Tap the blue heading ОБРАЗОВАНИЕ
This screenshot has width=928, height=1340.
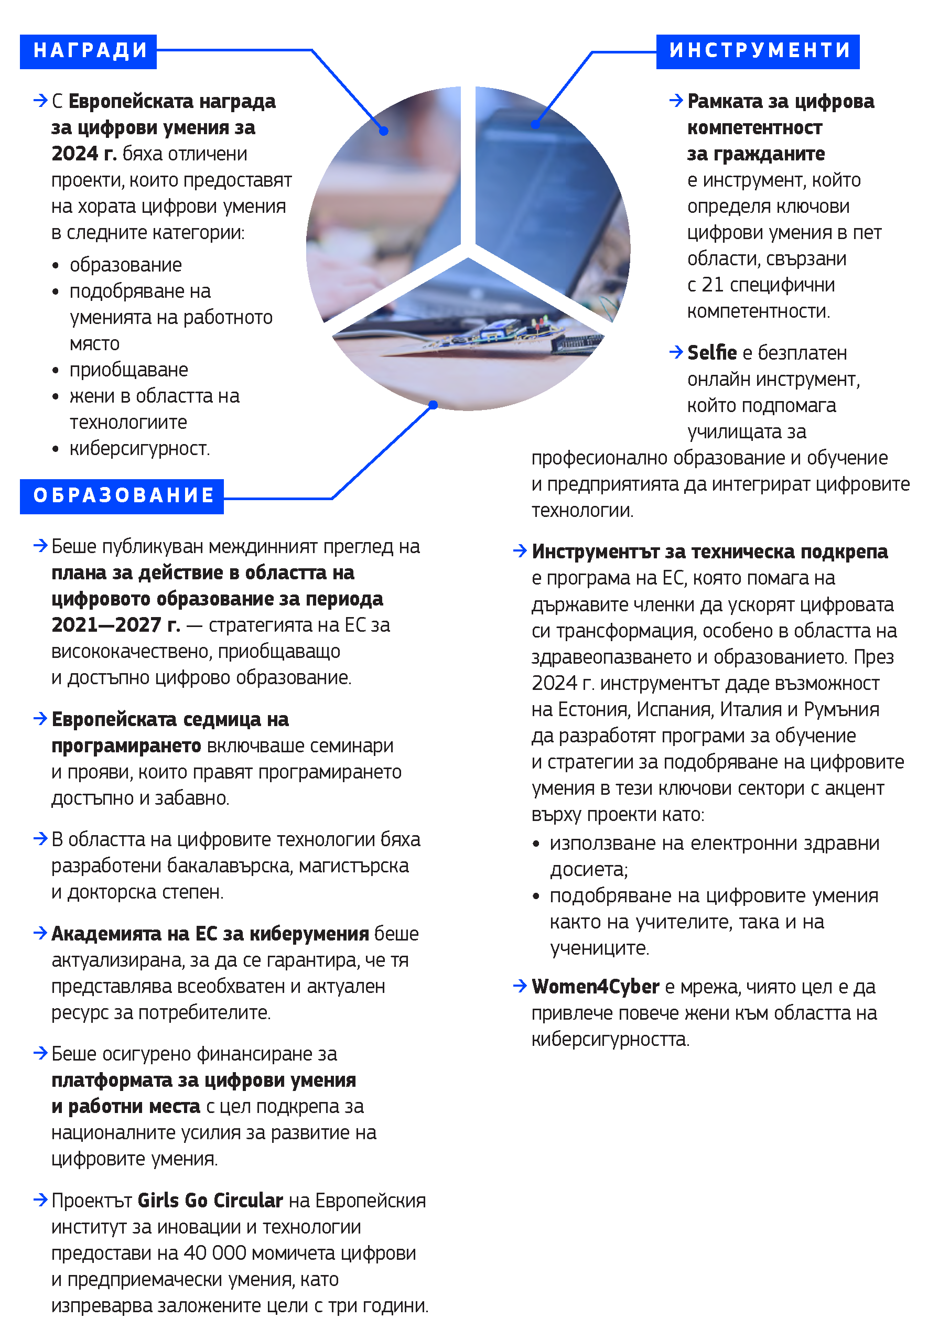pos(122,496)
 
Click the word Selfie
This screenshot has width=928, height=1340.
pos(711,353)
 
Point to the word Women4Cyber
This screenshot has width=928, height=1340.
pos(596,987)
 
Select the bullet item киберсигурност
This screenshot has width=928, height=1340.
pos(139,449)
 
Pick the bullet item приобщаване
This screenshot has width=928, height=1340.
pos(128,370)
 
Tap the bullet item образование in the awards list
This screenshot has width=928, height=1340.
pos(126,265)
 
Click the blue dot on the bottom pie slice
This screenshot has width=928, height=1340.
pos(433,405)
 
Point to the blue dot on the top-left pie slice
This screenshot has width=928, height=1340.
pos(384,132)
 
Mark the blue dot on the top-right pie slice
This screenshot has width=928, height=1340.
pos(535,124)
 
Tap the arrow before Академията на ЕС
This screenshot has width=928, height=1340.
pos(40,933)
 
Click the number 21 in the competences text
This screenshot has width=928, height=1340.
pos(713,285)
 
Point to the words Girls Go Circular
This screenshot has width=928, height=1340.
pos(210,1201)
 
